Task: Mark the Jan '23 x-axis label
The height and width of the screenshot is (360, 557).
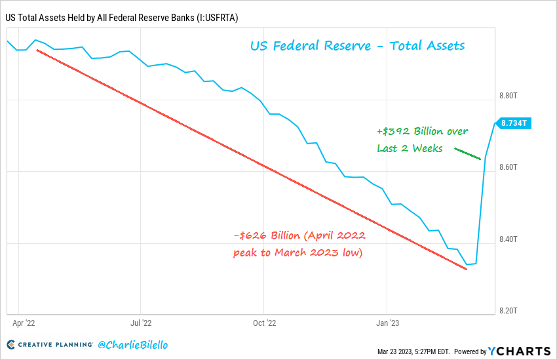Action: click(x=387, y=323)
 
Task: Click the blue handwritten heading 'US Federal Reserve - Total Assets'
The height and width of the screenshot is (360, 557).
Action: click(x=357, y=46)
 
